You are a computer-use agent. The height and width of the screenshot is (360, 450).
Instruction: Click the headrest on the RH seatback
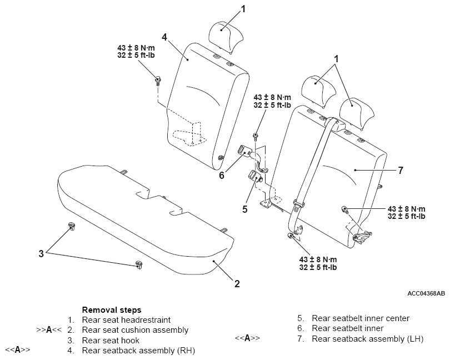(x=226, y=37)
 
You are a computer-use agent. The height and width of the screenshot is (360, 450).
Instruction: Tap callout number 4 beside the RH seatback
(x=164, y=37)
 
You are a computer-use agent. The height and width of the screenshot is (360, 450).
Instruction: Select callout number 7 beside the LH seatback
(x=401, y=170)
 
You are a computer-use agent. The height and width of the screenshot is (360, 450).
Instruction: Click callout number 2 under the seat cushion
(x=237, y=284)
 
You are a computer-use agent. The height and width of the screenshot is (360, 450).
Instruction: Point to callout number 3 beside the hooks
(x=41, y=254)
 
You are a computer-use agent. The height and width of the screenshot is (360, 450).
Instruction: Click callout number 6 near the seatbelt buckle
(x=222, y=175)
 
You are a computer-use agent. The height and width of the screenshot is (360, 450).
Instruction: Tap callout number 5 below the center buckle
(x=244, y=209)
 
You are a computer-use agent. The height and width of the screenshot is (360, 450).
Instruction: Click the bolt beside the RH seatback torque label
(x=158, y=81)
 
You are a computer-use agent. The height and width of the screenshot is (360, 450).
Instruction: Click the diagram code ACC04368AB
(x=426, y=293)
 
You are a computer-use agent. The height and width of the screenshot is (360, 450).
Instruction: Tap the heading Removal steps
(x=112, y=310)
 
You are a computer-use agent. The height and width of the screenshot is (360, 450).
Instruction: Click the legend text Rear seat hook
(x=111, y=341)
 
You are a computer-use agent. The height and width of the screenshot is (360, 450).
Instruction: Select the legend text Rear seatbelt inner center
(x=361, y=318)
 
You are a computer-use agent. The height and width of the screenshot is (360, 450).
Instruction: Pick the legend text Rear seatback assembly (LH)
(x=368, y=339)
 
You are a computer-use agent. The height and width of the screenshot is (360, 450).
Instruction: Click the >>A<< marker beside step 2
(x=49, y=330)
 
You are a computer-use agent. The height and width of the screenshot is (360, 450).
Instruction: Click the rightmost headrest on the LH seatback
(x=357, y=113)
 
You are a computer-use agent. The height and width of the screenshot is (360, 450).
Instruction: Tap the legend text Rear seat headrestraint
(x=126, y=320)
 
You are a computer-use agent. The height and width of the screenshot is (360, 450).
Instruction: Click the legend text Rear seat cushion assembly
(x=135, y=330)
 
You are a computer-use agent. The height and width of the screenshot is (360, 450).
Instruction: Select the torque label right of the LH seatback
(x=406, y=212)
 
